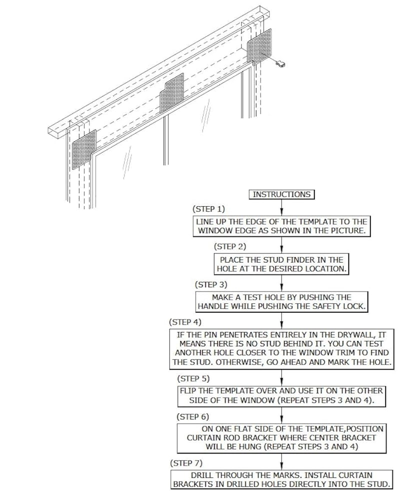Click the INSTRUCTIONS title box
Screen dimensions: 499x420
click(x=281, y=195)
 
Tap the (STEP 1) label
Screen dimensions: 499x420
click(x=209, y=208)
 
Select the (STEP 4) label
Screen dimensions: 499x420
click(x=185, y=322)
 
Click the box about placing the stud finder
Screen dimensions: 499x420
click(x=282, y=264)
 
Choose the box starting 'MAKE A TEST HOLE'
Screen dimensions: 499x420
click(x=281, y=302)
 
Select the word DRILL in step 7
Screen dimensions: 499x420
click(x=202, y=475)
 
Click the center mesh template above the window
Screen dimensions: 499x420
click(x=171, y=93)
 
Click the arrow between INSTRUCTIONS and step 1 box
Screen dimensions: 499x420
click(x=282, y=208)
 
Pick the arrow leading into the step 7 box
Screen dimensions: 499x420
click(x=282, y=462)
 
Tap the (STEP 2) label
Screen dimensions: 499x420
click(x=230, y=246)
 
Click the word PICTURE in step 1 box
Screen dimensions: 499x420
click(x=347, y=231)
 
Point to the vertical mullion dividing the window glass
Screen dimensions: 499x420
click(x=165, y=140)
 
